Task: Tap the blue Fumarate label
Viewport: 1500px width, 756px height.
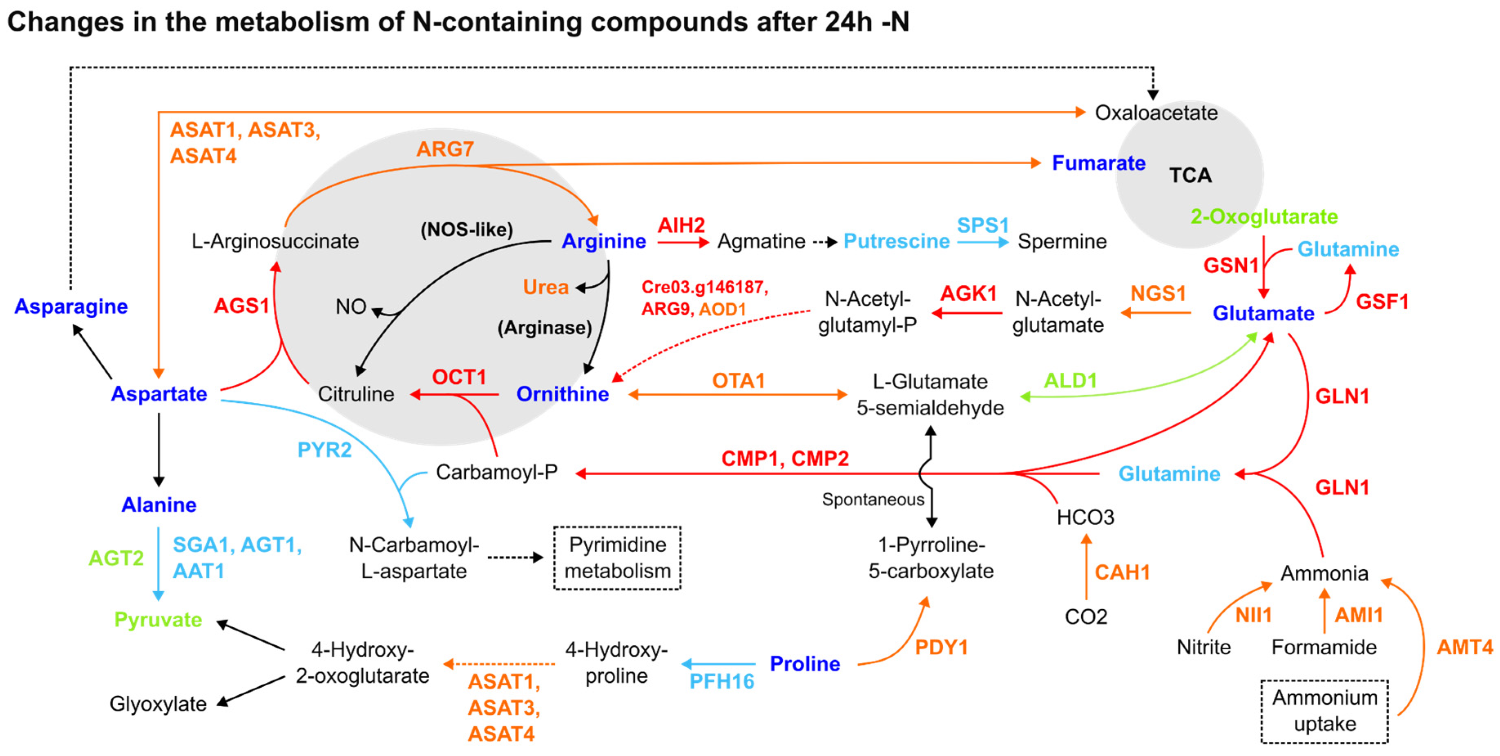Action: [x=1098, y=163]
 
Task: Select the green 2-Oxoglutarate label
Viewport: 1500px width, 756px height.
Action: [x=1263, y=217]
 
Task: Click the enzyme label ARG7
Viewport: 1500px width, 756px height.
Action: [x=445, y=149]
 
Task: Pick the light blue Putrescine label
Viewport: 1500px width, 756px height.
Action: [x=896, y=241]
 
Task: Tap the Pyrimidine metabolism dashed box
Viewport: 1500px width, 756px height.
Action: [x=617, y=557]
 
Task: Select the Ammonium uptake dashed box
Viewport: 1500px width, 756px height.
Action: [x=1324, y=711]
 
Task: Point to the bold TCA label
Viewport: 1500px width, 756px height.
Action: [x=1190, y=175]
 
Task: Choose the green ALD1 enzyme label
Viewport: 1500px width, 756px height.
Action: [x=1070, y=380]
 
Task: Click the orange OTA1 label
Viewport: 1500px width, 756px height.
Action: [x=738, y=380]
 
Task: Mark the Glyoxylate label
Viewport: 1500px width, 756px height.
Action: [x=158, y=704]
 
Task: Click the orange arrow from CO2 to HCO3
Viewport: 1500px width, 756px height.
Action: [x=1086, y=568]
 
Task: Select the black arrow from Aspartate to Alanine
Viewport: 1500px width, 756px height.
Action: [x=158, y=448]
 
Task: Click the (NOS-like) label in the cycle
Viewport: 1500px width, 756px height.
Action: [x=467, y=230]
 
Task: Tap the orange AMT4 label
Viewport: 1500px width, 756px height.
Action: [x=1464, y=646]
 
